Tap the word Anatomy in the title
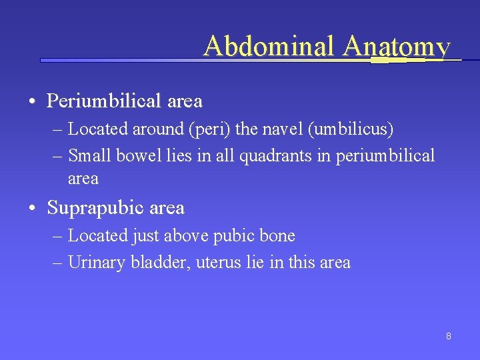[397, 47]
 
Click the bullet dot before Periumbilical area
[32, 102]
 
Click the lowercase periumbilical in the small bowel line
[385, 156]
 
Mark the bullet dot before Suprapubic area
[32, 209]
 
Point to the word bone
[278, 235]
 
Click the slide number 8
[449, 336]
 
